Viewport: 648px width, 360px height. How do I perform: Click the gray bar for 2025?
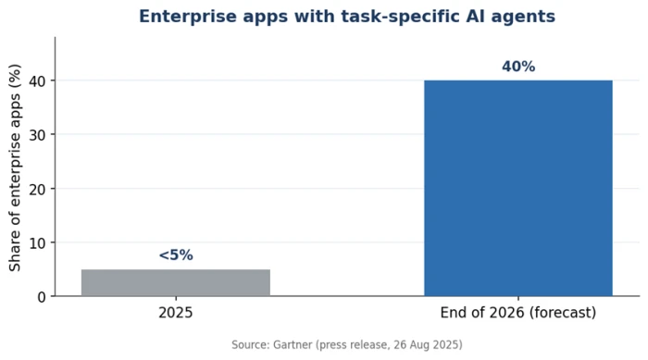click(176, 282)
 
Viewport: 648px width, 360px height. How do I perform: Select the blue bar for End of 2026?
click(518, 188)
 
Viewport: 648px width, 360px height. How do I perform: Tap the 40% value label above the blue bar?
click(518, 67)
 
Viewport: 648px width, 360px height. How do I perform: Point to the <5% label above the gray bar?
click(176, 255)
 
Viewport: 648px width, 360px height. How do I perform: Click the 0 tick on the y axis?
click(42, 297)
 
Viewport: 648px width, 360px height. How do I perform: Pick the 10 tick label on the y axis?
click(38, 243)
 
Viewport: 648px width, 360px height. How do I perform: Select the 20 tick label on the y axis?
click(38, 190)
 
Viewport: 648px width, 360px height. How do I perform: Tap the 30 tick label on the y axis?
click(38, 135)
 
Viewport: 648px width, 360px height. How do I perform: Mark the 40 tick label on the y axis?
click(38, 81)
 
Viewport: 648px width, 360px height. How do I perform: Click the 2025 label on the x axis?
click(176, 313)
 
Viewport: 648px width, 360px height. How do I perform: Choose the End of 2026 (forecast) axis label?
click(518, 313)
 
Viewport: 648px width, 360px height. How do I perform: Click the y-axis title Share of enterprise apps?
click(15, 168)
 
